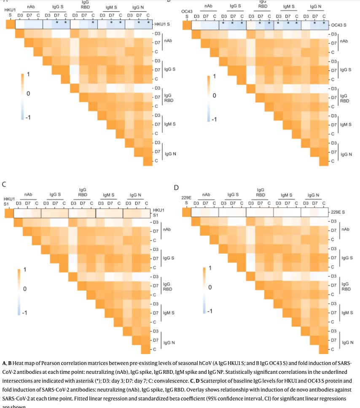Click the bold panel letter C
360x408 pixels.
click(x=4, y=184)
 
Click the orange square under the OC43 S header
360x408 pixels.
click(x=186, y=25)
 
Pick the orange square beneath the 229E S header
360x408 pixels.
click(x=186, y=212)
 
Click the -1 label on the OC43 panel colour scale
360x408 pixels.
click(x=214, y=119)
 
